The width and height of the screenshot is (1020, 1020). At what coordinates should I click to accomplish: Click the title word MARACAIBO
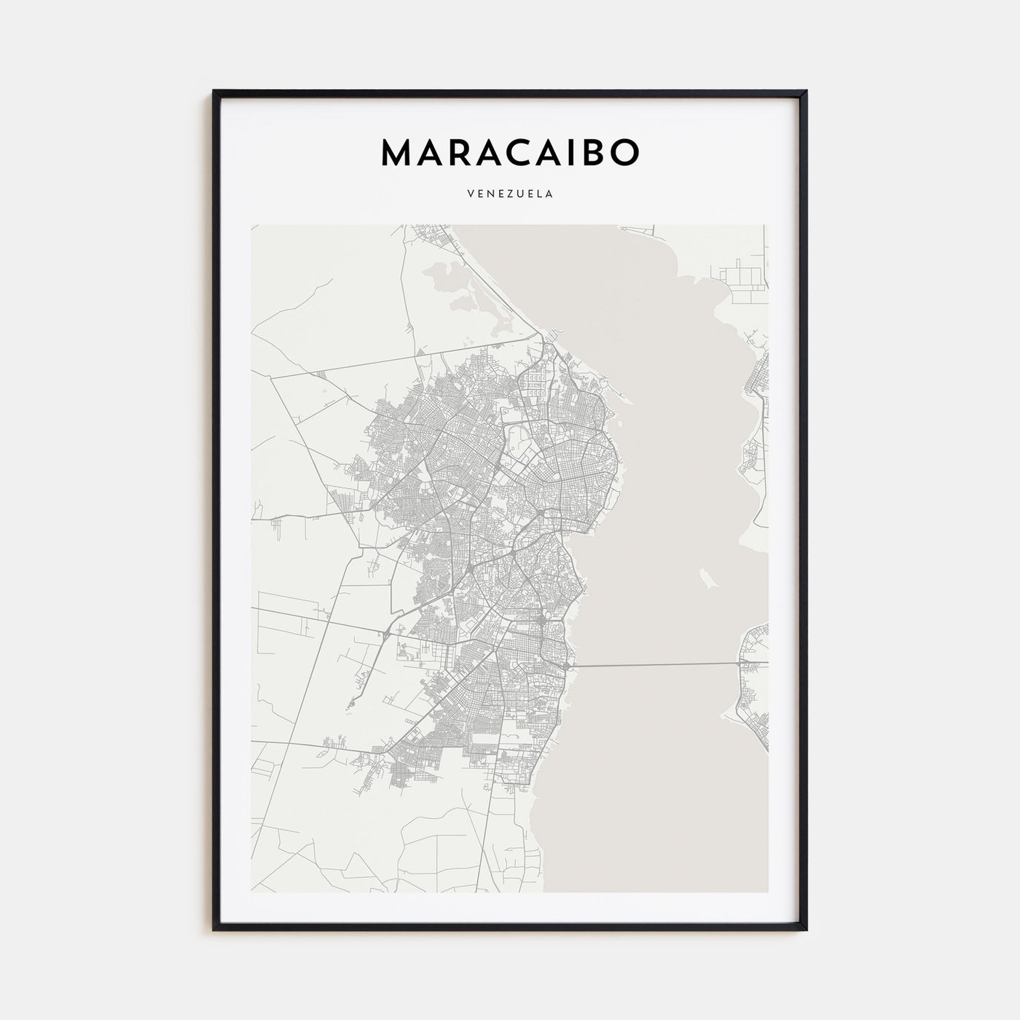pyautogui.click(x=510, y=152)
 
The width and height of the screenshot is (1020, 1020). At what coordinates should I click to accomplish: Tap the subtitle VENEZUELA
pyautogui.click(x=510, y=195)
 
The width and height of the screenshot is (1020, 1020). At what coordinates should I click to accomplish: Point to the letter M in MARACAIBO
pyautogui.click(x=398, y=152)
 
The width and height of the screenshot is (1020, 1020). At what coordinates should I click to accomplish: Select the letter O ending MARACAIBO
pyautogui.click(x=624, y=152)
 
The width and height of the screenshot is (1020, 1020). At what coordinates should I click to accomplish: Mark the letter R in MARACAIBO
pyautogui.click(x=456, y=152)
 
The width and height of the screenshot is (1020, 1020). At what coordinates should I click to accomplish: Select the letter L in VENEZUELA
pyautogui.click(x=539, y=195)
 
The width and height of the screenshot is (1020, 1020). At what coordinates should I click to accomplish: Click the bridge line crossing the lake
pyautogui.click(x=656, y=665)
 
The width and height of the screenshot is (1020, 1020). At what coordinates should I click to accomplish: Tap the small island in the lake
pyautogui.click(x=705, y=580)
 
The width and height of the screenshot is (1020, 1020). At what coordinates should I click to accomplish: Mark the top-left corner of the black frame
pyautogui.click(x=214, y=92)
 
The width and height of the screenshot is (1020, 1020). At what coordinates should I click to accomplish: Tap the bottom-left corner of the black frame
pyautogui.click(x=214, y=929)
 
